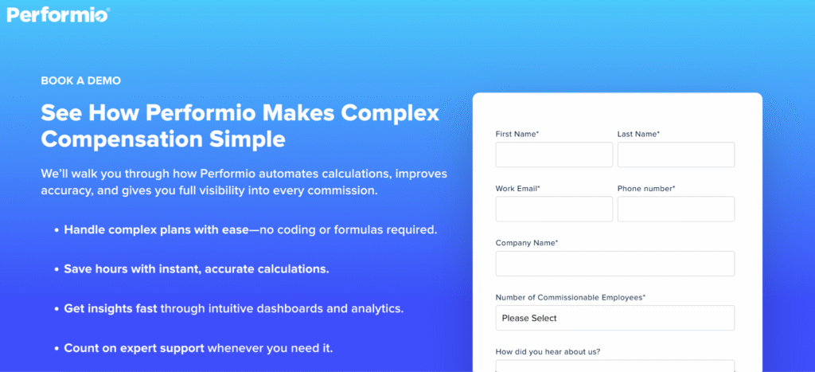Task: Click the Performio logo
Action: coord(58,14)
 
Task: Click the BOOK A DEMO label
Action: coord(80,80)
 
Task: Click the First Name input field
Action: coord(554,155)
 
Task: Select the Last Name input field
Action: coord(676,155)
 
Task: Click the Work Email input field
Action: coord(554,209)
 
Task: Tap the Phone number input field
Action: coord(676,209)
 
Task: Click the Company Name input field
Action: coord(614,264)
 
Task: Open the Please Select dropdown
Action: coord(614,318)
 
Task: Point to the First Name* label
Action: coord(517,134)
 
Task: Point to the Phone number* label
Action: coord(646,189)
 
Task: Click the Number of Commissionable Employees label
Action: coord(570,297)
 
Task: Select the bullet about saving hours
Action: coord(197,268)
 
